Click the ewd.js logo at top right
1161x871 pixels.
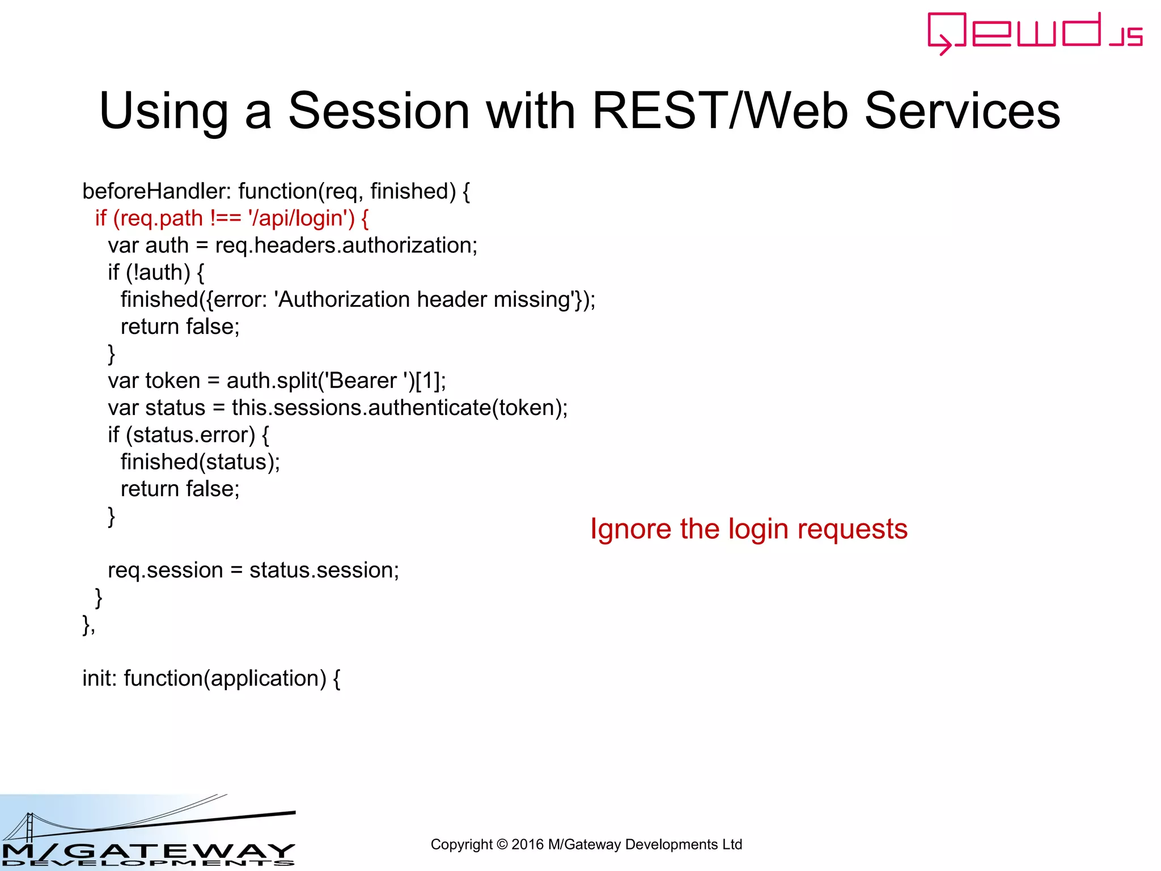click(1034, 33)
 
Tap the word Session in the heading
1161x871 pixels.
click(379, 111)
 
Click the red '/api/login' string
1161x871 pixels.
click(300, 219)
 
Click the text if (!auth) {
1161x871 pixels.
click(156, 273)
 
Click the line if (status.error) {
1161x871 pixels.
click(188, 435)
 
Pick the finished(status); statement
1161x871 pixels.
click(200, 462)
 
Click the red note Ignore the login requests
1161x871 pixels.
click(748, 529)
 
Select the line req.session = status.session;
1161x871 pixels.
click(253, 570)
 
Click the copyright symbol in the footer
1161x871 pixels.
click(502, 845)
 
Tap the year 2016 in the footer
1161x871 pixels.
click(527, 845)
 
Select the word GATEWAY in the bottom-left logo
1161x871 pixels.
click(181, 851)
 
